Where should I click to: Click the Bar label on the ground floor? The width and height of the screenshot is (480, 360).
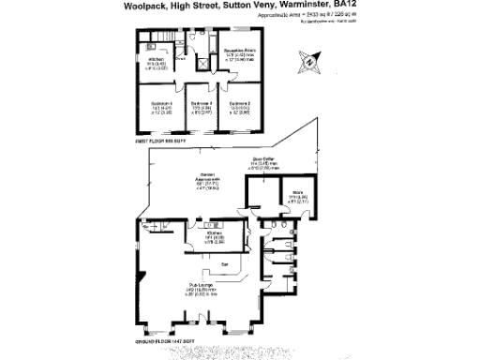point(225,264)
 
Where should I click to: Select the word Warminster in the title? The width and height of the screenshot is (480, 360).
point(309,6)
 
